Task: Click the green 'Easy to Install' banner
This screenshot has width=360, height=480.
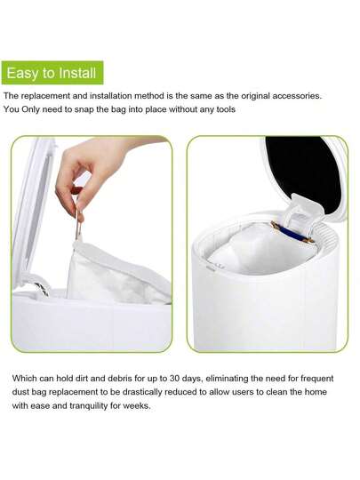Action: pos(52,72)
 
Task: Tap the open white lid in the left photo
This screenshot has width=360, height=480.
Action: pos(30,213)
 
